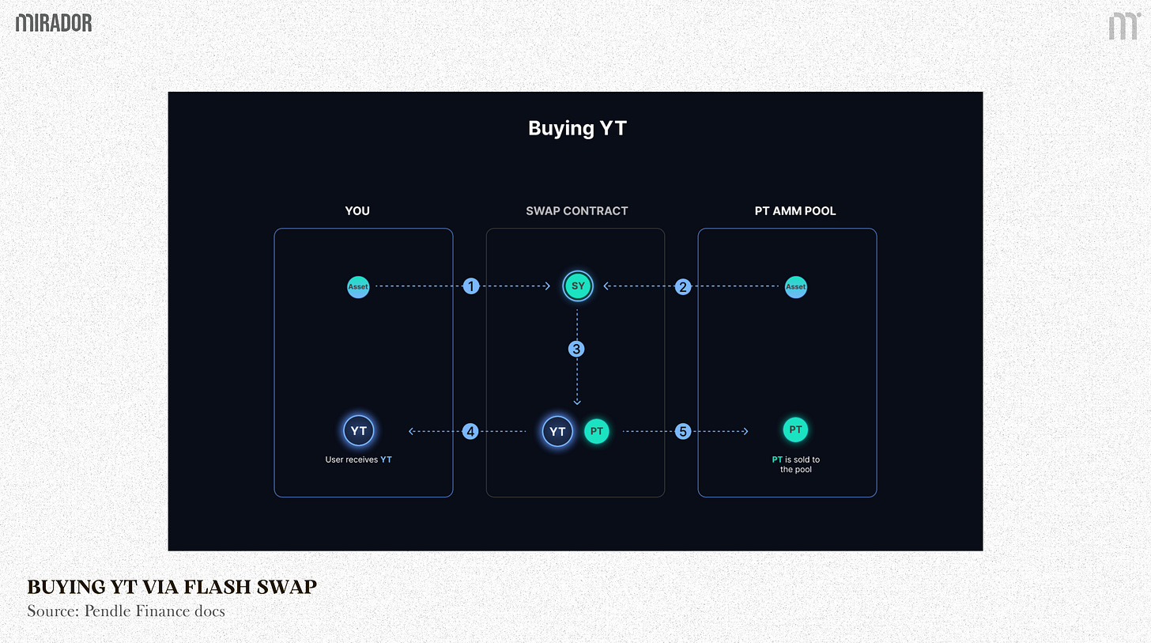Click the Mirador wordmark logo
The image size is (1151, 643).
[x=54, y=23]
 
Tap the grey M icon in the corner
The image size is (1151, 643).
[x=1123, y=26]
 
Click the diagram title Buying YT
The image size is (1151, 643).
[x=577, y=128]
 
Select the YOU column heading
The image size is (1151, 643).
[x=357, y=211]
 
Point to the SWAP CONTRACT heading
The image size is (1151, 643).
[x=577, y=211]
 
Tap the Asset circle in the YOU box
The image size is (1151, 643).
[x=358, y=287]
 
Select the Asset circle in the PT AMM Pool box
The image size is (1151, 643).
[x=796, y=287]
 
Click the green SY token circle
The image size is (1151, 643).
[x=577, y=286]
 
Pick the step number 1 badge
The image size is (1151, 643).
[x=471, y=286]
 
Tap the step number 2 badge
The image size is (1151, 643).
[x=683, y=286]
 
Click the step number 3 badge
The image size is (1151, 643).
[x=577, y=348]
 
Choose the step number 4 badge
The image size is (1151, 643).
[x=471, y=431]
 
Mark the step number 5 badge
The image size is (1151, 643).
[x=683, y=431]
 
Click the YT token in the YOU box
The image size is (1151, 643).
[x=358, y=431]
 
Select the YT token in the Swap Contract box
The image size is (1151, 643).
[x=558, y=431]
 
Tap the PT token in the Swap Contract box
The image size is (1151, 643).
[x=597, y=431]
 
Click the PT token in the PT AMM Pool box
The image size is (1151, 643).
[x=796, y=430]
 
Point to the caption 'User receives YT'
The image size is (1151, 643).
[x=358, y=460]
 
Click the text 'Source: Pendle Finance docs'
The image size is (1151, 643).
[x=126, y=611]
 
